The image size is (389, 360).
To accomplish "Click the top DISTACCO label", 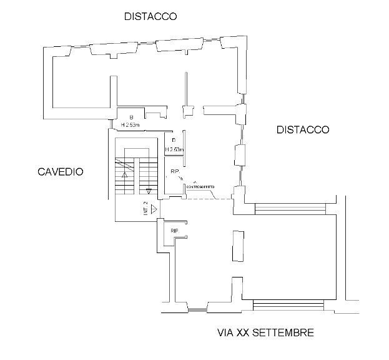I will point(150,16).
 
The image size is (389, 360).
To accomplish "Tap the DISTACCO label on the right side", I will point(303,130).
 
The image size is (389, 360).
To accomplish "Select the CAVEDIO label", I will point(60,172).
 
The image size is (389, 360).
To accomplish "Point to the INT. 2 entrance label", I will point(145,208).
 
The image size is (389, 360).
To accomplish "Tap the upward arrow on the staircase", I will point(125,176).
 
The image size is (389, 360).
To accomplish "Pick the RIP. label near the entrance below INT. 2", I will point(175,231).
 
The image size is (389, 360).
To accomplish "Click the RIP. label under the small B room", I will point(175,171).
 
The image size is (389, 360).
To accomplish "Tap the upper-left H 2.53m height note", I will point(132,124).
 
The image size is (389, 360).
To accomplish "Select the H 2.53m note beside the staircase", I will point(174,150).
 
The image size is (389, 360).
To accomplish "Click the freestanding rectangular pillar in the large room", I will point(237,246).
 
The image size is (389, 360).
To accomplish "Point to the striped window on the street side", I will point(288,306).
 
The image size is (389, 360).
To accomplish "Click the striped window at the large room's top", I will point(290,208).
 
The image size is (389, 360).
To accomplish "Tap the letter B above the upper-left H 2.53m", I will point(131,117).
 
